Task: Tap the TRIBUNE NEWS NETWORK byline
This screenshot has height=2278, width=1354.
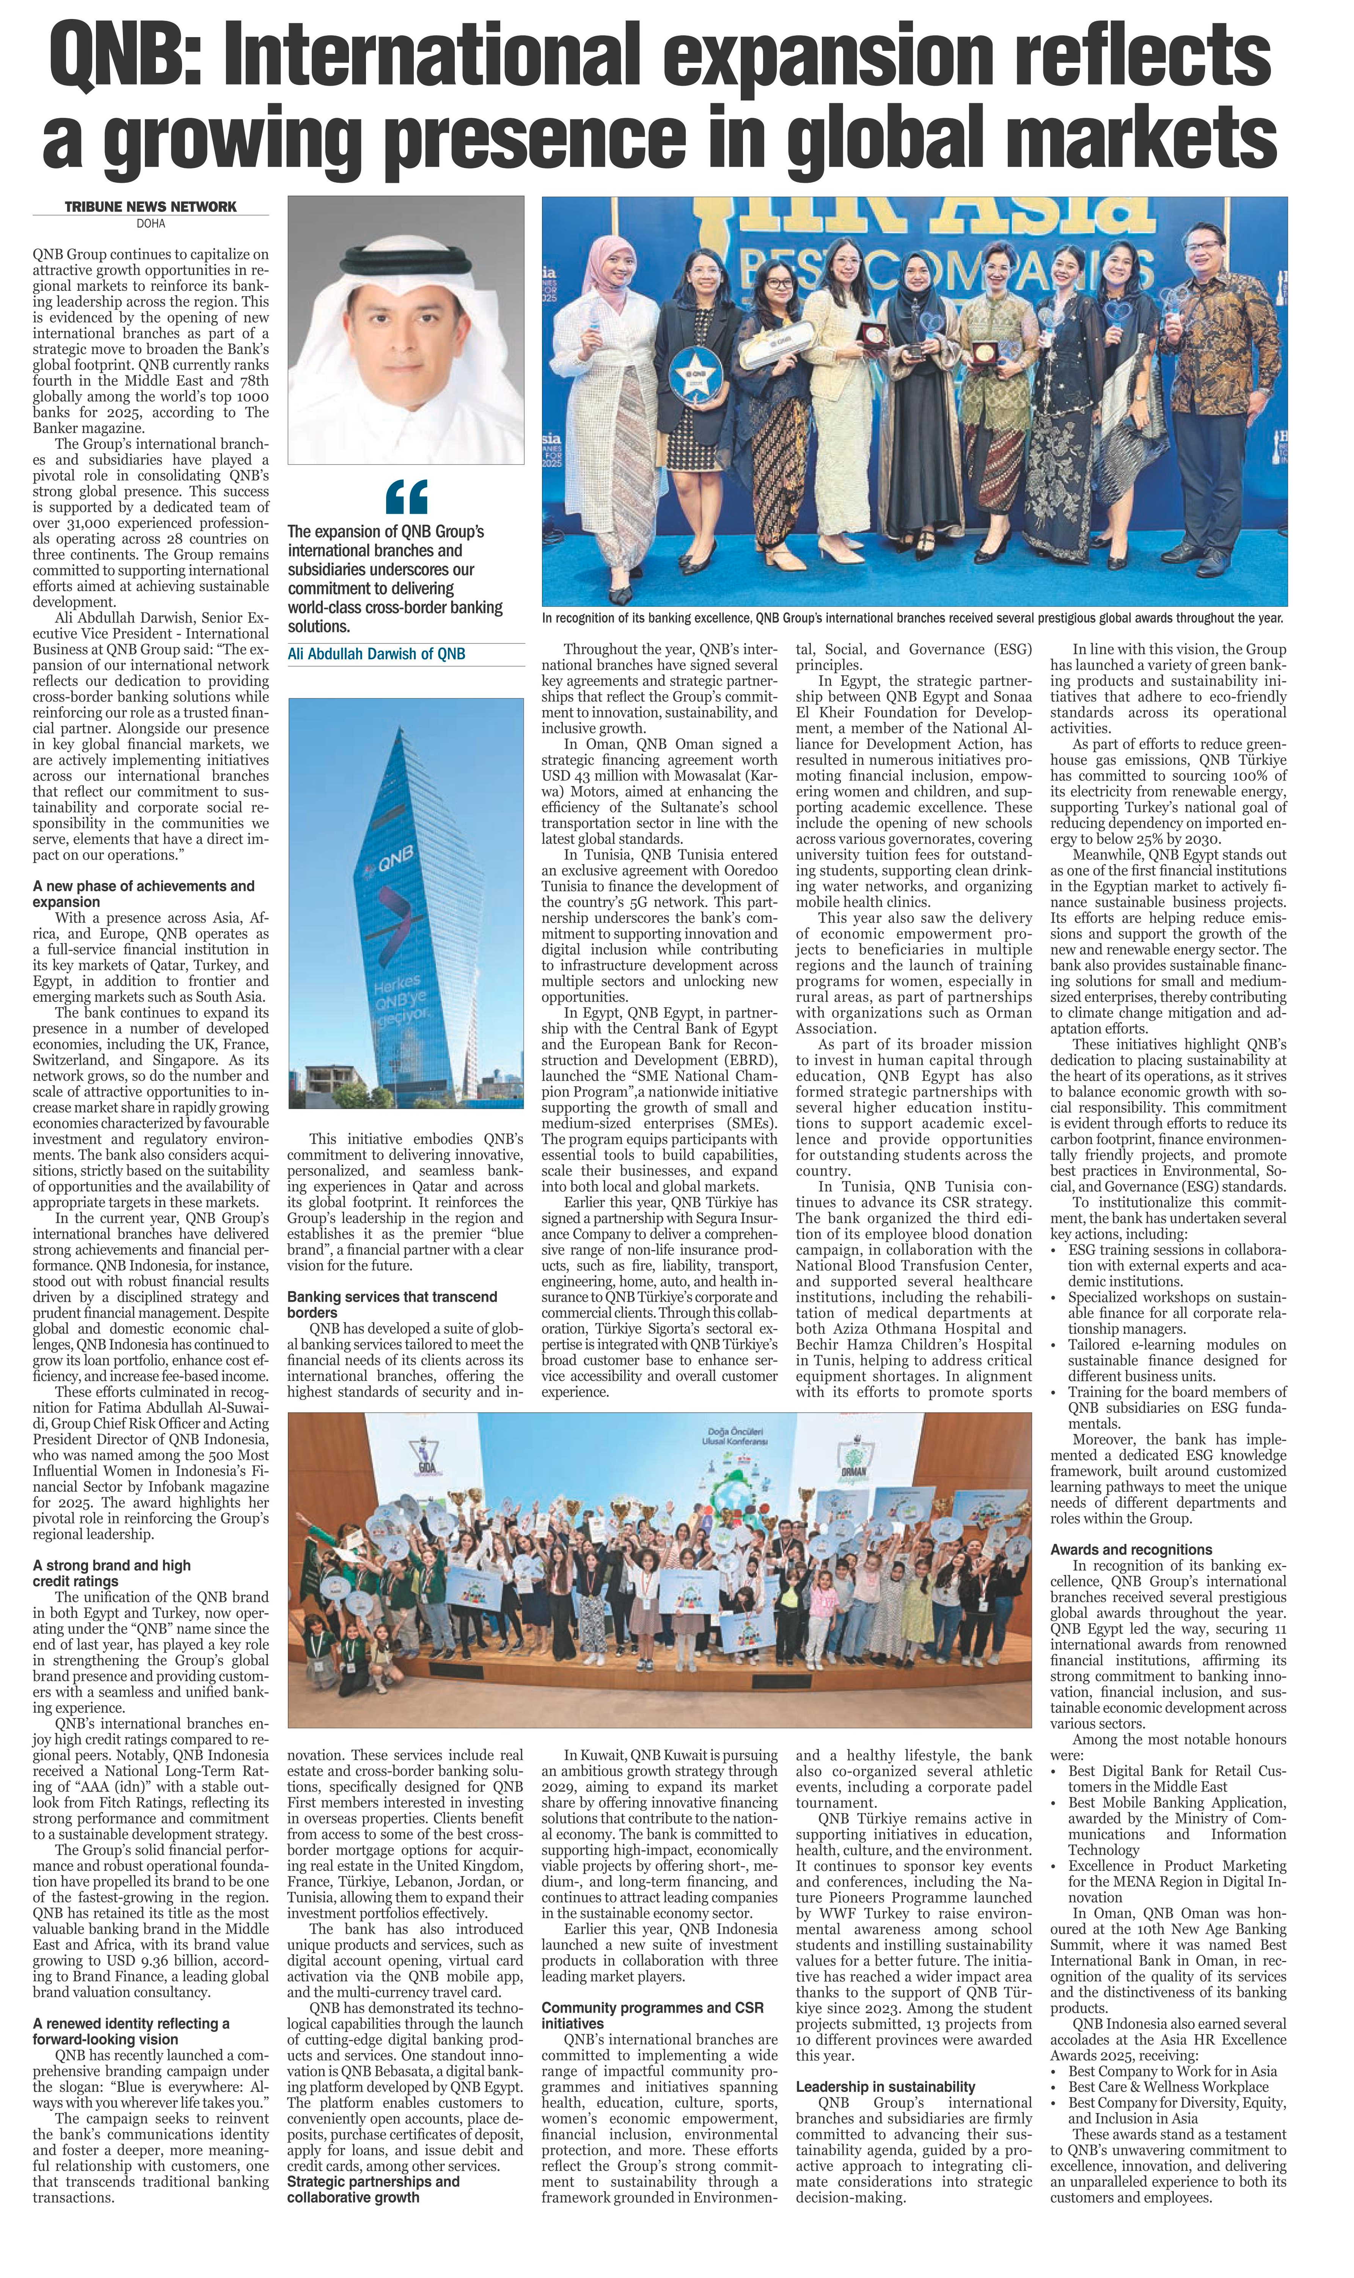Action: coord(151,207)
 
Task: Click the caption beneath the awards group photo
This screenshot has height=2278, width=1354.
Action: coord(913,618)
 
